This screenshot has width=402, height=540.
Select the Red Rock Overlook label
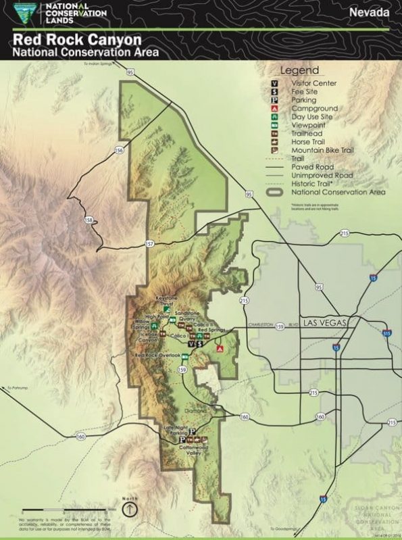pos(157,355)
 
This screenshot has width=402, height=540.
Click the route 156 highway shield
pos(119,150)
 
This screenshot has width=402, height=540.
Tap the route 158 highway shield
pos(88,220)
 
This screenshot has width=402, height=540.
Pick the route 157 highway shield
pos(149,243)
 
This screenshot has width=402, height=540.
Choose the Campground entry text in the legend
pos(314,108)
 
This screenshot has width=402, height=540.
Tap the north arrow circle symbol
pos(130,508)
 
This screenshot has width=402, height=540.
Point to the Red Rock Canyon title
pos(76,39)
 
